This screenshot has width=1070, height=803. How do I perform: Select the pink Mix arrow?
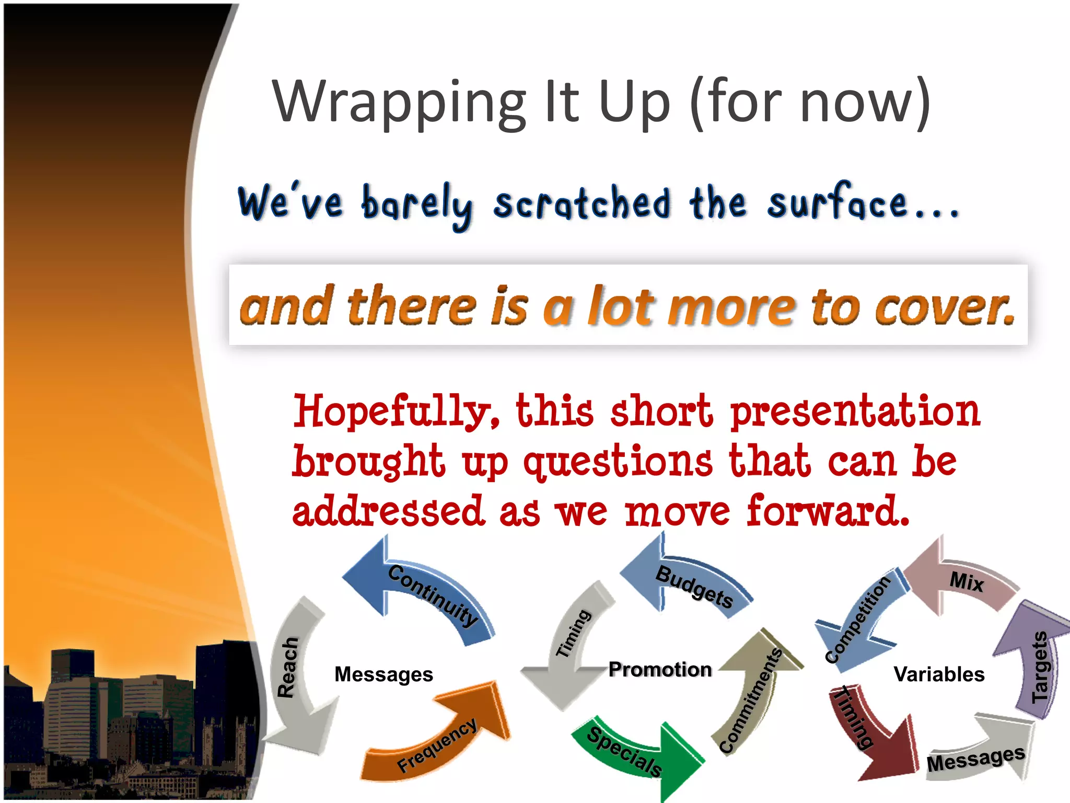tap(961, 580)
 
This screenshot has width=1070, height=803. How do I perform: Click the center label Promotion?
tap(660, 669)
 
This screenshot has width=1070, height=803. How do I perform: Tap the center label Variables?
tap(939, 674)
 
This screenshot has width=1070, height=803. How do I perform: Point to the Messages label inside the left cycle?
tap(383, 674)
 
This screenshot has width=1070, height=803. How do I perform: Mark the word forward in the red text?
tap(828, 511)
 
